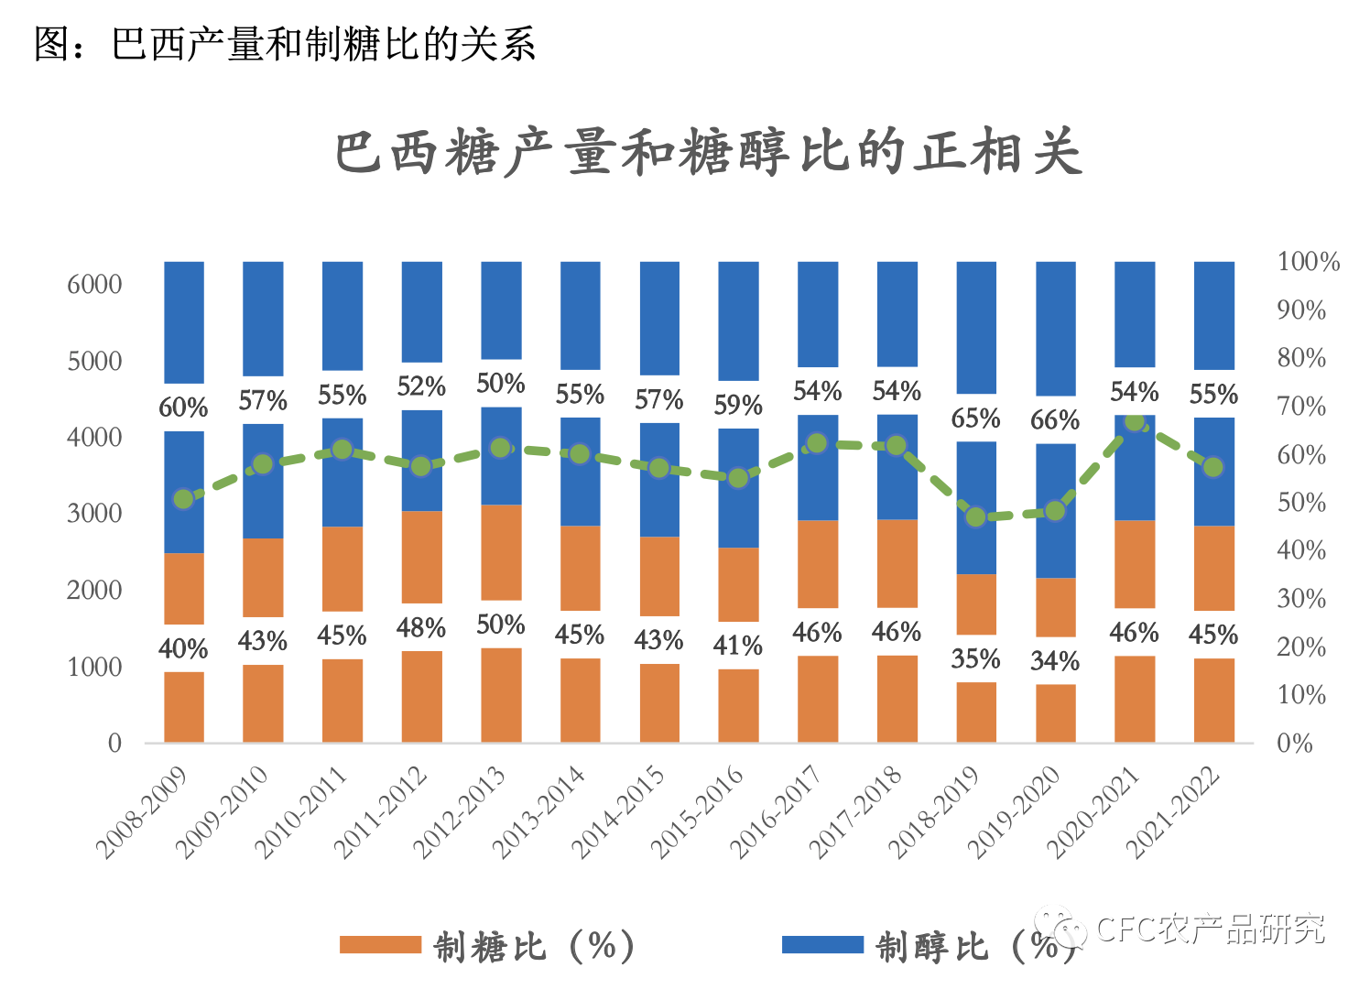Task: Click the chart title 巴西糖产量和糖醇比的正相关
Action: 709,152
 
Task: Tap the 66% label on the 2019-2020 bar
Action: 1055,420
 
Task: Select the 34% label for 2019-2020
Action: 1055,660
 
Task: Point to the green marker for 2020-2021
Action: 1135,422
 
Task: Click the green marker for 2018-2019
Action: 976,516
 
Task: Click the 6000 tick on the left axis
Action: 94,284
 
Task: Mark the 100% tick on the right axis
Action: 1308,262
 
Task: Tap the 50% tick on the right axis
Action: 1301,503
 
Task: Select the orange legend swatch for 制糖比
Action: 380,945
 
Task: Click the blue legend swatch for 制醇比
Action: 822,945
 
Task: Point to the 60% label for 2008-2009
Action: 183,408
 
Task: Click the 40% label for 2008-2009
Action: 183,649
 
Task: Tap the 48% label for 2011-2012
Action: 421,628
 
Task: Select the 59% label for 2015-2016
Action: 738,405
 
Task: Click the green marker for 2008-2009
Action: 183,499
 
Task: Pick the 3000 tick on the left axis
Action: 94,514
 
